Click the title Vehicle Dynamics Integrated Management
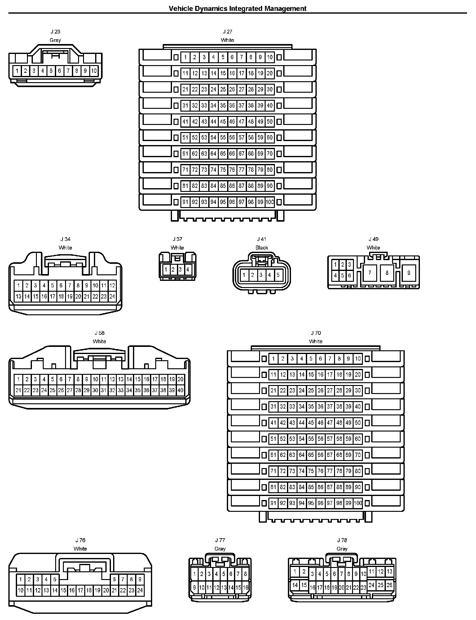[x=237, y=8]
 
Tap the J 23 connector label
[x=55, y=32]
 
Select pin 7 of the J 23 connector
[x=68, y=71]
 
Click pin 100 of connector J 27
[x=270, y=202]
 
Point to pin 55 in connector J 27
[x=223, y=138]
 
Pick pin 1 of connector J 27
[x=185, y=57]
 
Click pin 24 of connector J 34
[x=112, y=296]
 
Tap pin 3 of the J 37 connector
[x=180, y=269]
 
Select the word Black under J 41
[x=262, y=248]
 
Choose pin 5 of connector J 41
[x=278, y=275]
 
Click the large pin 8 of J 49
[x=387, y=273]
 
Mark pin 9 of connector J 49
[x=409, y=273]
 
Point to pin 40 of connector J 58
[x=180, y=390]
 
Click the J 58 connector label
[x=99, y=333]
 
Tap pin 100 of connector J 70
[x=358, y=503]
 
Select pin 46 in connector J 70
[x=320, y=423]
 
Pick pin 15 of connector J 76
[x=63, y=590]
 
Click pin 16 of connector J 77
[x=245, y=587]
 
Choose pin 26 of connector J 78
[x=389, y=585]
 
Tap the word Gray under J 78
[x=342, y=549]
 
